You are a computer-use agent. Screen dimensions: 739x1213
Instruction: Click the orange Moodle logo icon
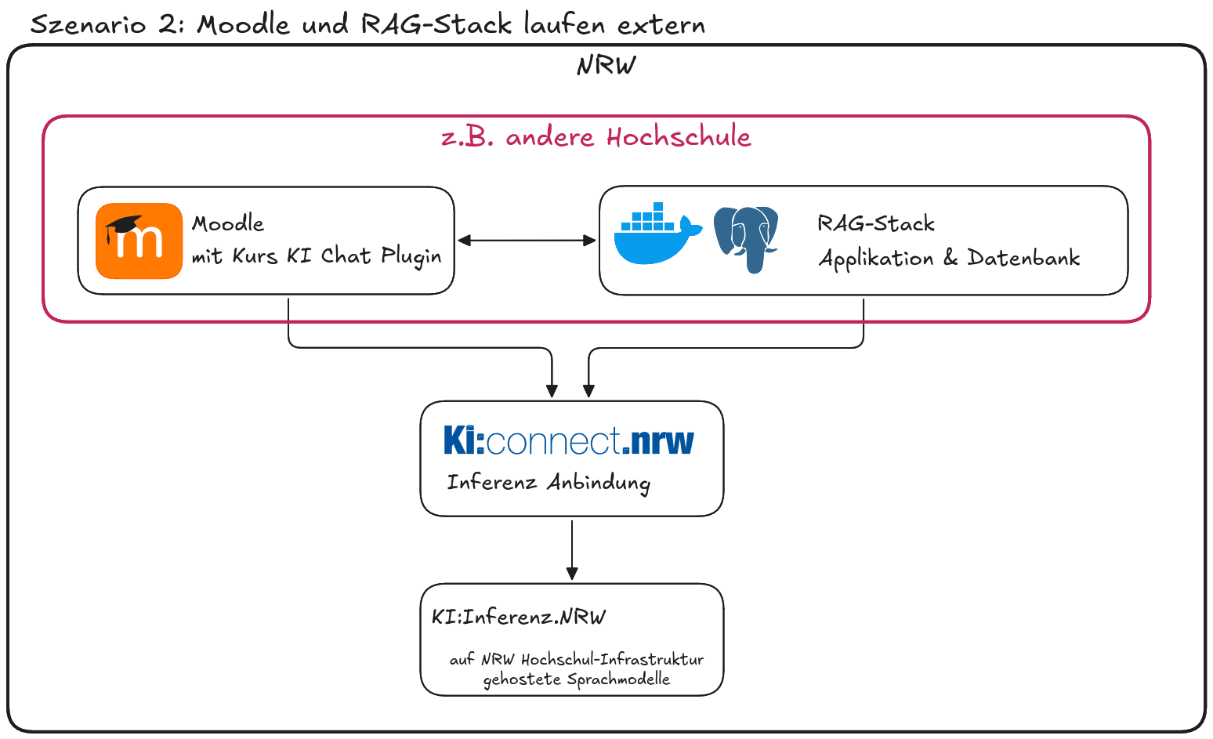(139, 241)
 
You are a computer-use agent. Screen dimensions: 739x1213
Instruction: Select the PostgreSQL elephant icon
(745, 238)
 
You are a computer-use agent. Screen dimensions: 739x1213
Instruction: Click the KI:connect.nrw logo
(568, 440)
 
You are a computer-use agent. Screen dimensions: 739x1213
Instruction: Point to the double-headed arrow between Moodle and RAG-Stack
(527, 241)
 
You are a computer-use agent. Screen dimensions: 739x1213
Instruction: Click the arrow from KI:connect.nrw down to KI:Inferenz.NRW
(572, 549)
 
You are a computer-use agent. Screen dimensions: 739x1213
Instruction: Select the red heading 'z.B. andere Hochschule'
(596, 137)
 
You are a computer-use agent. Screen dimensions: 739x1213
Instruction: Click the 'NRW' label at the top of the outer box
(606, 66)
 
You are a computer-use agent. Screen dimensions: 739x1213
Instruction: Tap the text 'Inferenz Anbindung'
(549, 482)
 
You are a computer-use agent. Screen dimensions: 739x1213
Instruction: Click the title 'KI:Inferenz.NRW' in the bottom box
(519, 618)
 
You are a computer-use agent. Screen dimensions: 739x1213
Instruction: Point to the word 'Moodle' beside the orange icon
(228, 224)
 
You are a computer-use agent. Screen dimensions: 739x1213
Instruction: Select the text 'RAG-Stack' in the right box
(876, 224)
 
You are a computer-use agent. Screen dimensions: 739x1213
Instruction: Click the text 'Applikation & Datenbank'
(949, 259)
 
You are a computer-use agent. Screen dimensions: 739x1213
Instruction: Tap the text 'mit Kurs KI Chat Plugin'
(317, 256)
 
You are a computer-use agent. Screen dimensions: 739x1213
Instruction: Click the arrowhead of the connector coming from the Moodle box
(552, 390)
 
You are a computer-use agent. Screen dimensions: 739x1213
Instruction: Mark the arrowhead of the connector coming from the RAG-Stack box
(588, 390)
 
